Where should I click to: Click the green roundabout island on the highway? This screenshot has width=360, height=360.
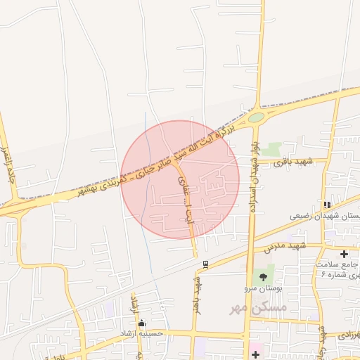point(256,117)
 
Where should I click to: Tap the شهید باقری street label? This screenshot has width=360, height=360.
point(293,163)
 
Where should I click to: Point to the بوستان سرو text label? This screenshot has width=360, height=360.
point(264,289)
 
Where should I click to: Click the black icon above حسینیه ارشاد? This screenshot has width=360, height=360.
point(143,323)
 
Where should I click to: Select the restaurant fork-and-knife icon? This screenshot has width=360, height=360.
point(327,205)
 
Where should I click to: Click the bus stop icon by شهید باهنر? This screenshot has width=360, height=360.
point(205,264)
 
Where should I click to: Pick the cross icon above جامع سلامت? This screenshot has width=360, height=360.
point(344,253)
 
